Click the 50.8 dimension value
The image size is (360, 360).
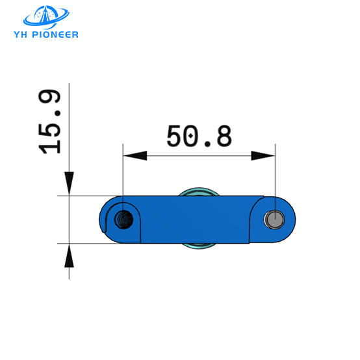point(199,136)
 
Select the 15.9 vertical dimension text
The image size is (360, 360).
point(51,122)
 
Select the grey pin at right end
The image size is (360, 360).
point(274,220)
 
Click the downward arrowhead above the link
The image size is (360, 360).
point(69,183)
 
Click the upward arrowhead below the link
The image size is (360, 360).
point(69,255)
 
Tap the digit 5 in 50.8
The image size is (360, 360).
point(175,136)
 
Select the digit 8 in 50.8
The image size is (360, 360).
point(222,136)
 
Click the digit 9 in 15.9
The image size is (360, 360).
point(51,101)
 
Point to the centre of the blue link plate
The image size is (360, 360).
point(195,220)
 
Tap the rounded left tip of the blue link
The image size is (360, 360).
point(103,220)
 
